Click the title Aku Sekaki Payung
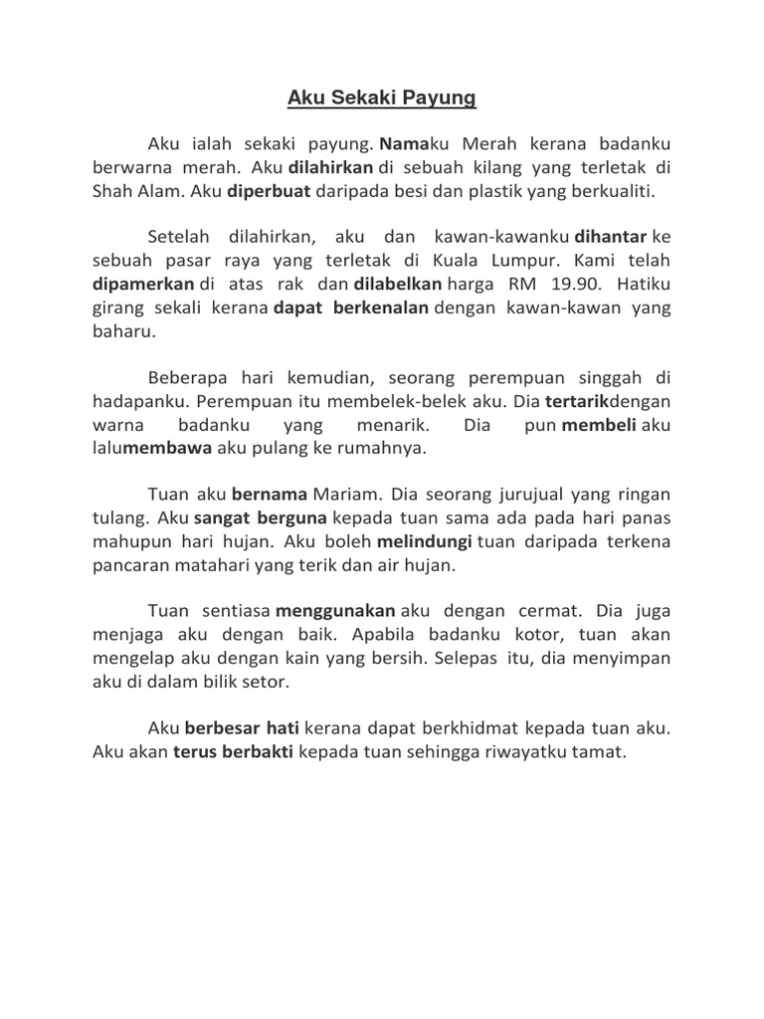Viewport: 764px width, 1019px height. (x=382, y=98)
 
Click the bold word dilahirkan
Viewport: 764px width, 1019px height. (x=331, y=168)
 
